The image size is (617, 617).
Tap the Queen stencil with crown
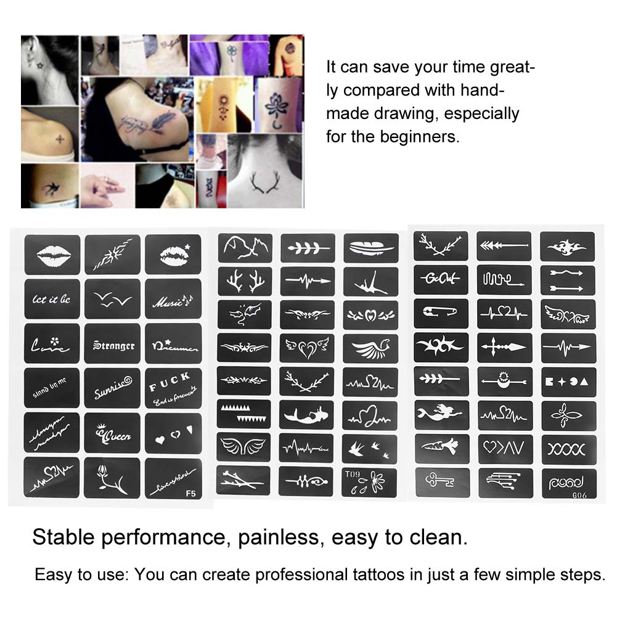pos(113,435)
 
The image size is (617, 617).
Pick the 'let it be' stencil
pos(52,300)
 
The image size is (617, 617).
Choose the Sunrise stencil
pos(113,390)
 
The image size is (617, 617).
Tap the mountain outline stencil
pos(244,247)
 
